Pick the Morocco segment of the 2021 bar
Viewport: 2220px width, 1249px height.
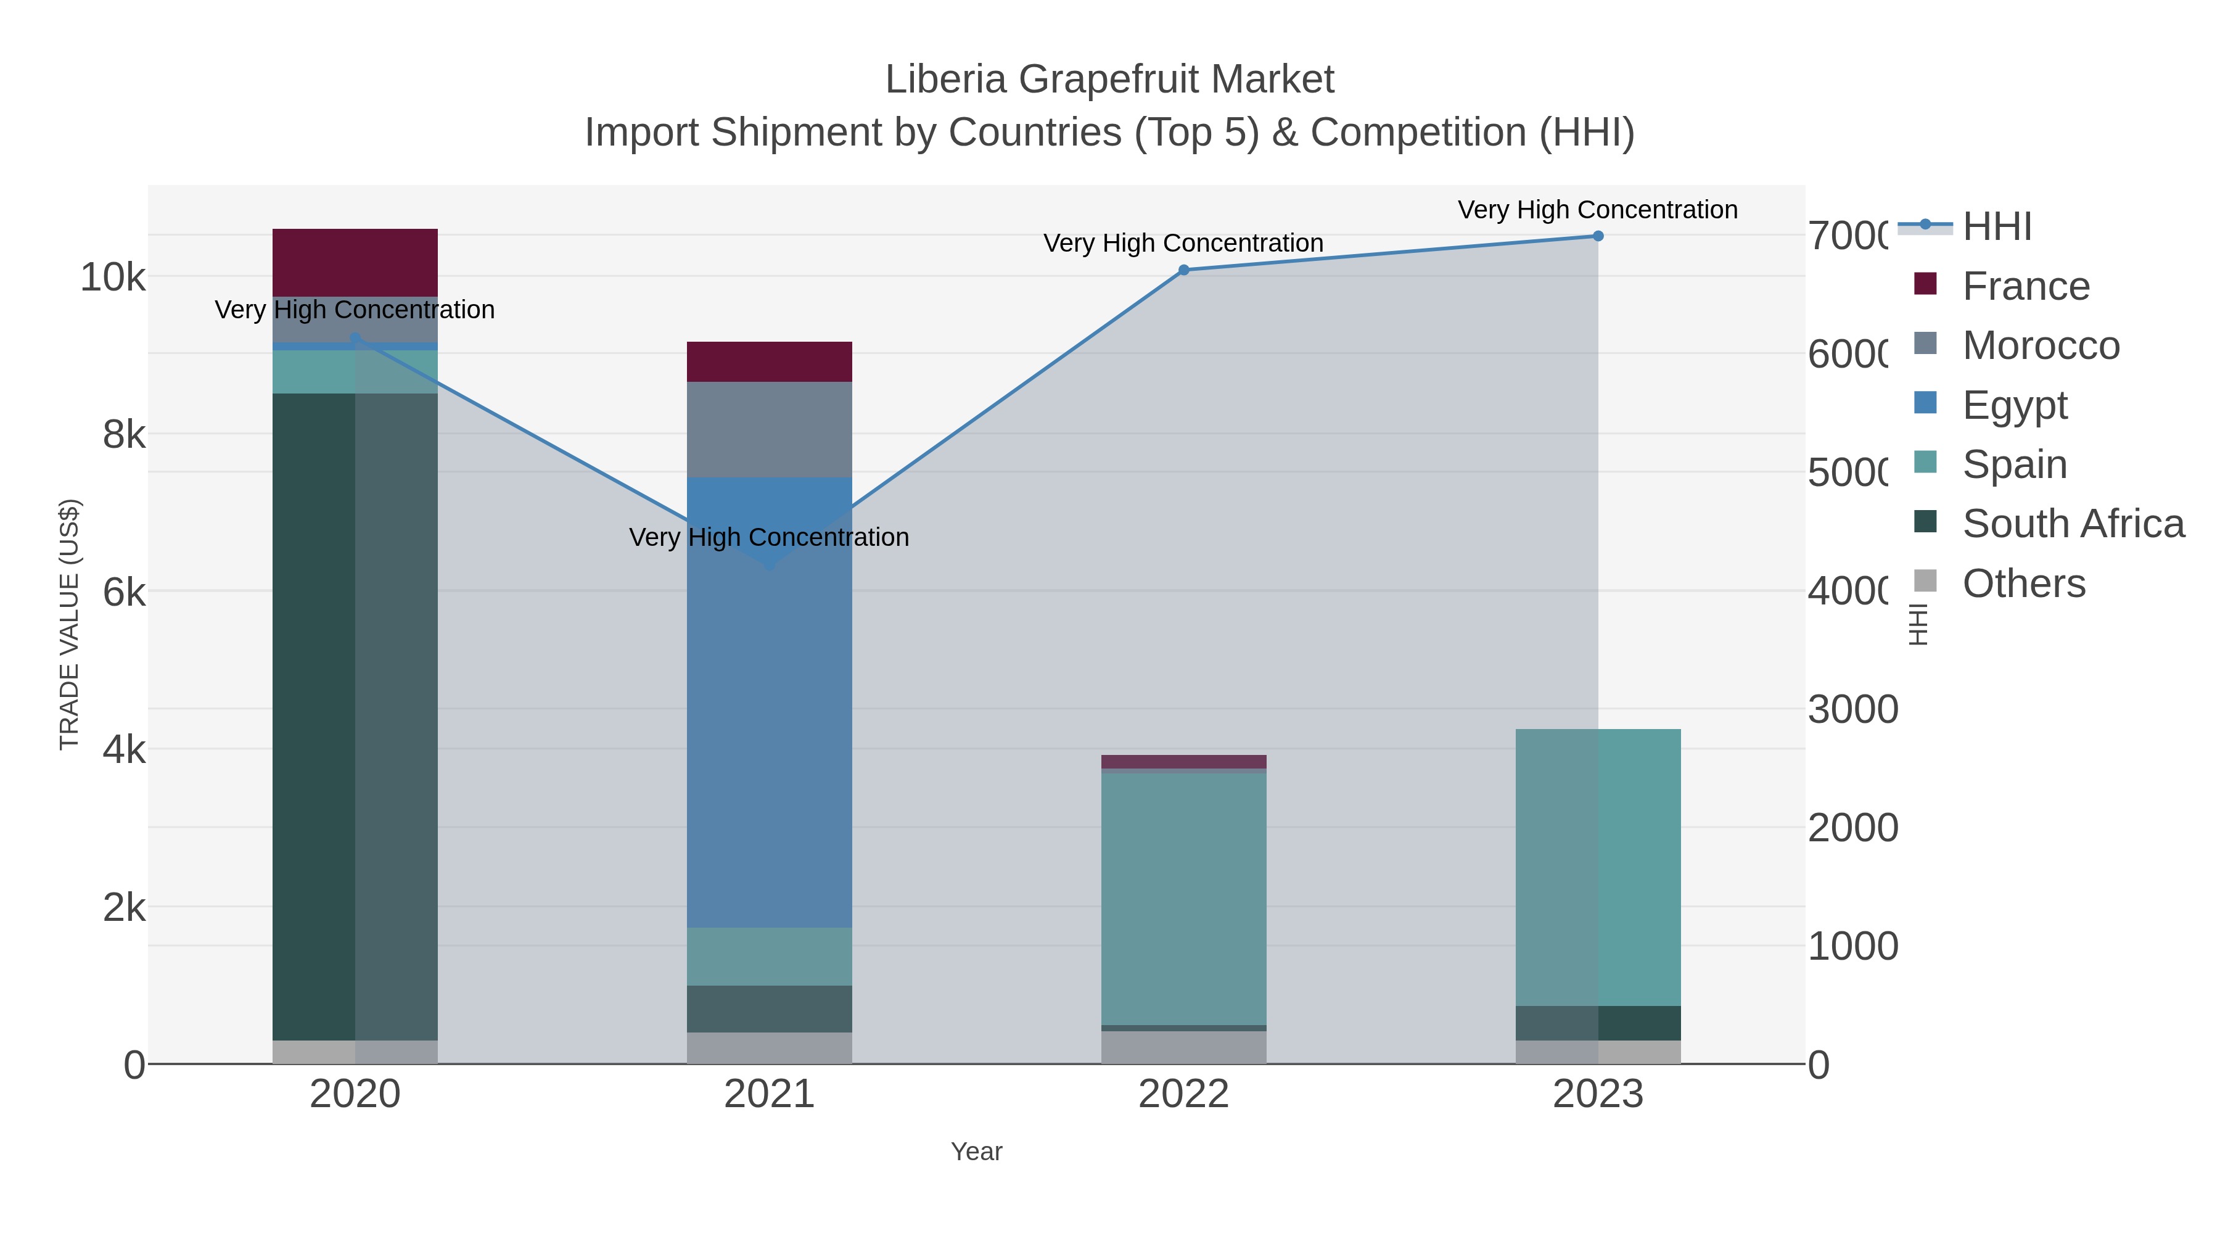pos(769,429)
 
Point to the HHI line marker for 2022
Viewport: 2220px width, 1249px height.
pos(1183,270)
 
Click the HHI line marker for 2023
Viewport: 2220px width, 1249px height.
pos(1598,236)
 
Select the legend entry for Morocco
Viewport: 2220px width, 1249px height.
pos(2039,345)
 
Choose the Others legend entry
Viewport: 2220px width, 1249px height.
pos(2023,583)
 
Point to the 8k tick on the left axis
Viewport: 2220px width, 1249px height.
pos(124,434)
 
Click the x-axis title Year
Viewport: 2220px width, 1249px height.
pos(976,1152)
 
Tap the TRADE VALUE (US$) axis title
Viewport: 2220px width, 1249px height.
pos(69,624)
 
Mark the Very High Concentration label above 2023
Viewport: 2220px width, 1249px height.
pos(1597,210)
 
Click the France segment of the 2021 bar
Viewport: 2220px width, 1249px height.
pos(769,361)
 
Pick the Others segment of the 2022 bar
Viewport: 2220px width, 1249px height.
pos(1183,1047)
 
